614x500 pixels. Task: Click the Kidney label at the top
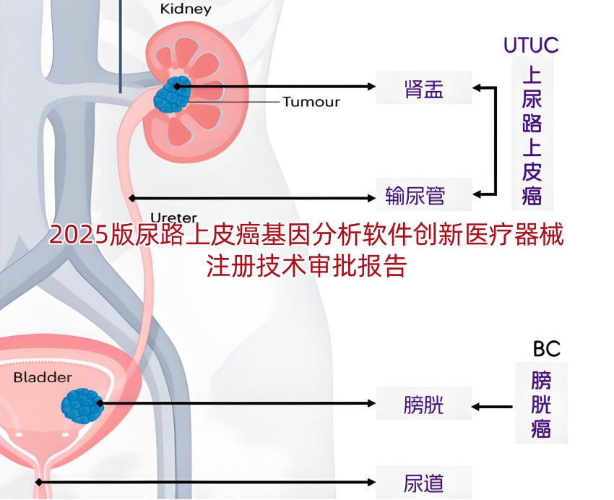click(x=186, y=9)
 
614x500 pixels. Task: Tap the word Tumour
click(x=311, y=101)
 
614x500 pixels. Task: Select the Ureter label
click(x=173, y=217)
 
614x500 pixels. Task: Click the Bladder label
click(x=43, y=377)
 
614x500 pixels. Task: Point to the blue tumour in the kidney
click(x=172, y=94)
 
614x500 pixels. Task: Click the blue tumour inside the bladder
click(x=82, y=405)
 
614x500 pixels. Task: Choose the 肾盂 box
click(x=424, y=87)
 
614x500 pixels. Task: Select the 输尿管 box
click(x=425, y=195)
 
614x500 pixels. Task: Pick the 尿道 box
click(x=424, y=482)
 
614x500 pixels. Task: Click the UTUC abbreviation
click(x=531, y=45)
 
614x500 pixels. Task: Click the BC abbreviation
click(x=547, y=349)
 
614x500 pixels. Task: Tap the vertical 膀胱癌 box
click(x=541, y=403)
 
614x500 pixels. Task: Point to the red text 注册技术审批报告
click(x=306, y=265)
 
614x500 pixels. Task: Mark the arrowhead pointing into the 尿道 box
click(x=371, y=482)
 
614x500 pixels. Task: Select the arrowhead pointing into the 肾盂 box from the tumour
click(x=371, y=87)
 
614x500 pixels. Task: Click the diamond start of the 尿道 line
click(x=38, y=482)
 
